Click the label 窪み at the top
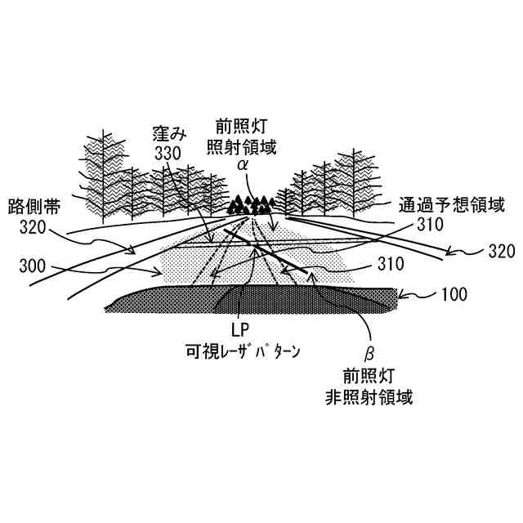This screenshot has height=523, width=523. tap(169, 131)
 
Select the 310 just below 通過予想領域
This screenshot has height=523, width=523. tap(429, 222)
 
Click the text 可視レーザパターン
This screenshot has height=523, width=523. tap(242, 353)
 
